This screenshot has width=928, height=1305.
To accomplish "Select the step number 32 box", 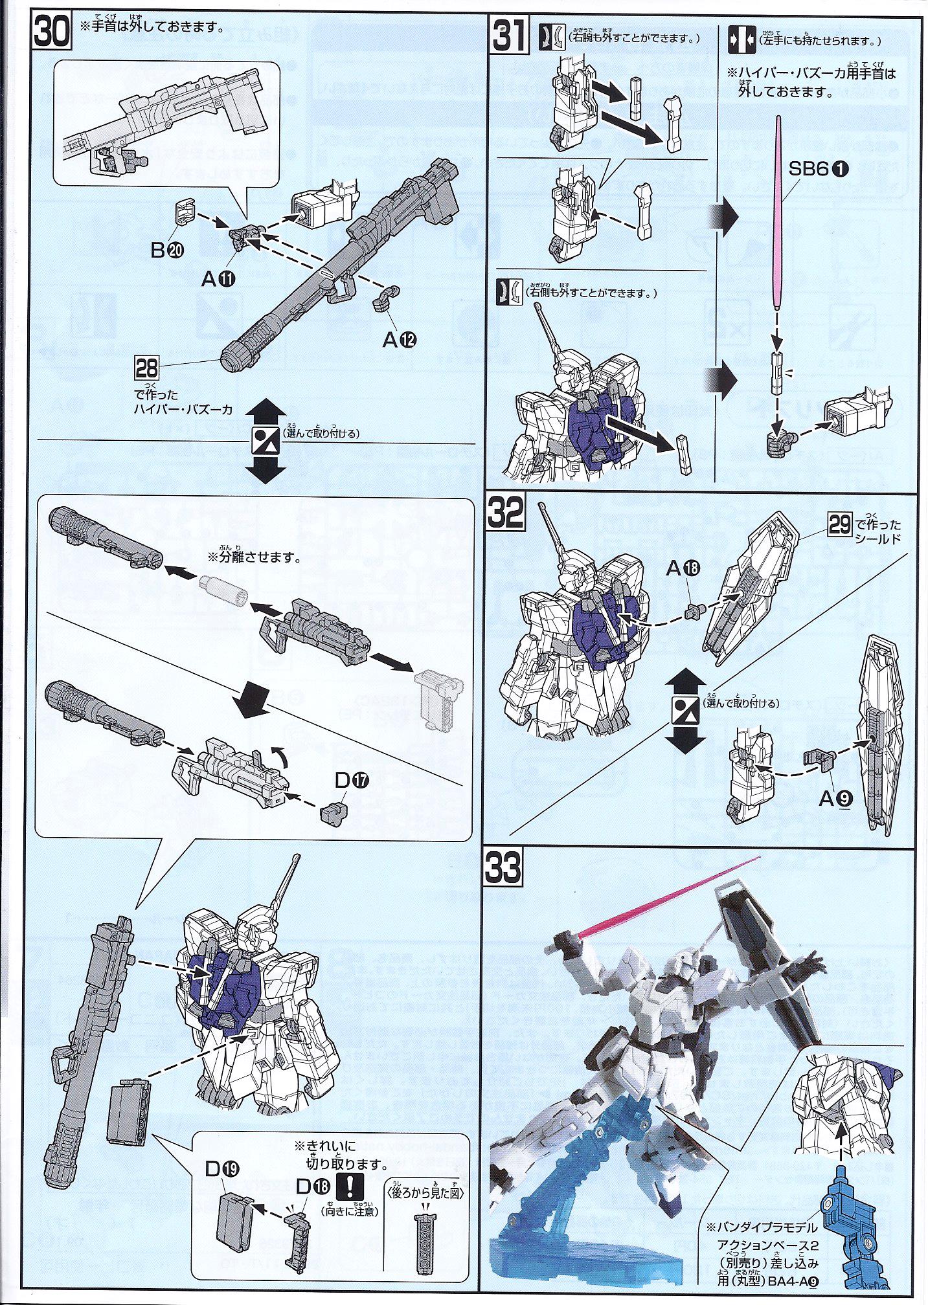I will tap(506, 516).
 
